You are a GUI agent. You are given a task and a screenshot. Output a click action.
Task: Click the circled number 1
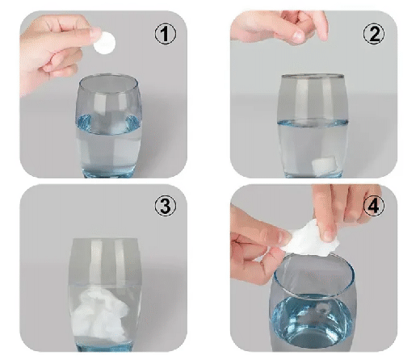pos(166,34)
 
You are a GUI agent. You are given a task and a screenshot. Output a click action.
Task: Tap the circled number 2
pos(374,34)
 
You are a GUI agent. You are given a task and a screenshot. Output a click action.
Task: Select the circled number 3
pos(166,206)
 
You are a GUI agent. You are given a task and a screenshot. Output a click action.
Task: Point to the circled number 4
pos(374,206)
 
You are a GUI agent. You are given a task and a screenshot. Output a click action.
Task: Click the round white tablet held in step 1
pos(105,43)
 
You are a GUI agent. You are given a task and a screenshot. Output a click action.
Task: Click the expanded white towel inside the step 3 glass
pos(101,313)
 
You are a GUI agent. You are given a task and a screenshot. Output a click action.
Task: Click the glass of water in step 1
pos(109,126)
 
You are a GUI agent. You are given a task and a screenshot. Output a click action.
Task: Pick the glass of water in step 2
pos(313,126)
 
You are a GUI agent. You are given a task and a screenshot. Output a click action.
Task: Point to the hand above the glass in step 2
pos(280,27)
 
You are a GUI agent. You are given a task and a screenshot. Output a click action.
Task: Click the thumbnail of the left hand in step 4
pos(285,237)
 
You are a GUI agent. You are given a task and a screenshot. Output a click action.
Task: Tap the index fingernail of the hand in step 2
pos(298,36)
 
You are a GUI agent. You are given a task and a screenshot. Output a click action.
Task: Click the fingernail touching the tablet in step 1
pos(95,32)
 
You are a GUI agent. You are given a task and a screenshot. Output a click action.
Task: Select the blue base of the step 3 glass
pos(104,346)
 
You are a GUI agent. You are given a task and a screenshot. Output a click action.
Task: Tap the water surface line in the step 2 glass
pos(313,123)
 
